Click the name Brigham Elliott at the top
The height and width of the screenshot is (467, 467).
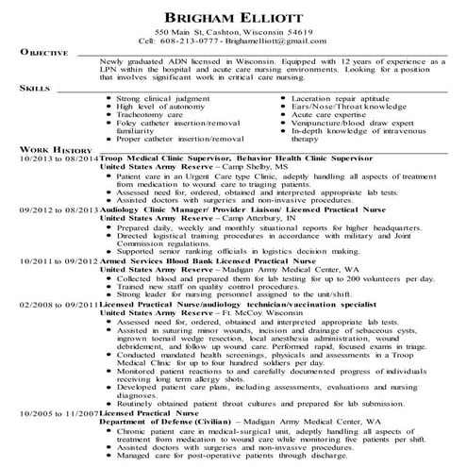coord(233,18)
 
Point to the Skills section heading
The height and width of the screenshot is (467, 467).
coord(33,88)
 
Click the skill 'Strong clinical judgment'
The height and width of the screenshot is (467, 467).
coord(156,96)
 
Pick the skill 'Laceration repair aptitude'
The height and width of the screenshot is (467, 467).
coord(337,96)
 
